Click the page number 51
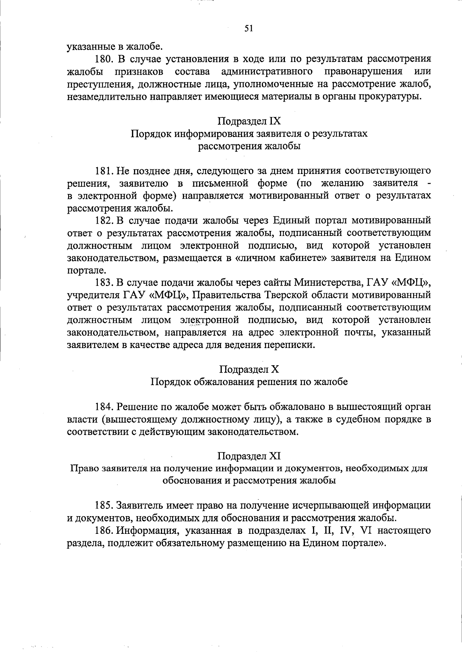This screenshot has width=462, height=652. pyautogui.click(x=248, y=28)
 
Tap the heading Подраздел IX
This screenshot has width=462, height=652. pyautogui.click(x=249, y=121)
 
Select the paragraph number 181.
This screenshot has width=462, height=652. pyautogui.click(x=103, y=171)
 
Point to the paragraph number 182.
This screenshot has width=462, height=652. pyautogui.click(x=103, y=221)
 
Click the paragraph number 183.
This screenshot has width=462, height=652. pyautogui.click(x=103, y=283)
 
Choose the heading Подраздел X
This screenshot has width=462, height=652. pyautogui.click(x=249, y=369)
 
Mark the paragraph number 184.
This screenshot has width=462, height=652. pyautogui.click(x=103, y=407)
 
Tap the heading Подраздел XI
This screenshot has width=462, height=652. pyautogui.click(x=249, y=456)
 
